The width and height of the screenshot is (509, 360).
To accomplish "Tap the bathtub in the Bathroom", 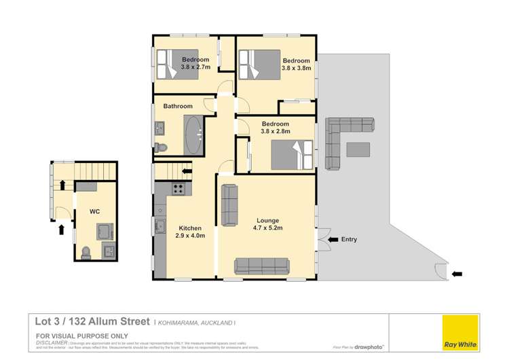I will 194,134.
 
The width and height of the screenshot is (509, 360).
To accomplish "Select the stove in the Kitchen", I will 178,190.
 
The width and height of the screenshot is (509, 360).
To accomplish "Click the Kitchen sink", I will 161,227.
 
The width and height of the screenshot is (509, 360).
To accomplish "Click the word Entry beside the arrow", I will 349,239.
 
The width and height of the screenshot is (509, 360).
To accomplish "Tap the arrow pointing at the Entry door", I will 332,239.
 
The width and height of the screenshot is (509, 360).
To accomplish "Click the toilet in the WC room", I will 86,253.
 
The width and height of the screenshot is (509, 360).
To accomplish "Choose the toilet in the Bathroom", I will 160,147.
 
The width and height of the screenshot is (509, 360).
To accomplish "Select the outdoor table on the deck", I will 358,149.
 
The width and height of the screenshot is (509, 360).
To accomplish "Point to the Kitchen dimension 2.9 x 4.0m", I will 189,236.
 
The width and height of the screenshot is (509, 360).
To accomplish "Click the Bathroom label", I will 178,106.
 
